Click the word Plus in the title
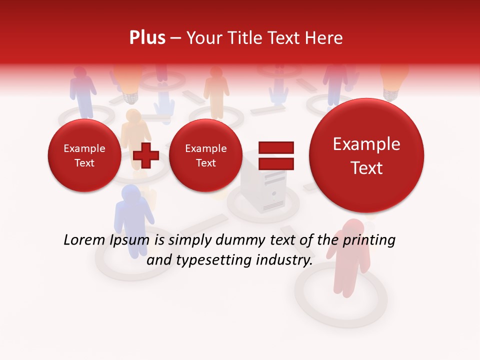click(x=147, y=38)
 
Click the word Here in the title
click(x=324, y=38)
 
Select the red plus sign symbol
click(x=146, y=155)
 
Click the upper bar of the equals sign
click(x=276, y=148)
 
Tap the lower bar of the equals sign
click(x=276, y=163)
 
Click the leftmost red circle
click(x=84, y=155)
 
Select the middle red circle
click(x=205, y=155)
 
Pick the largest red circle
click(x=366, y=155)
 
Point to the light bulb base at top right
click(x=392, y=93)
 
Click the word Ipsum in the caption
click(x=131, y=240)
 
